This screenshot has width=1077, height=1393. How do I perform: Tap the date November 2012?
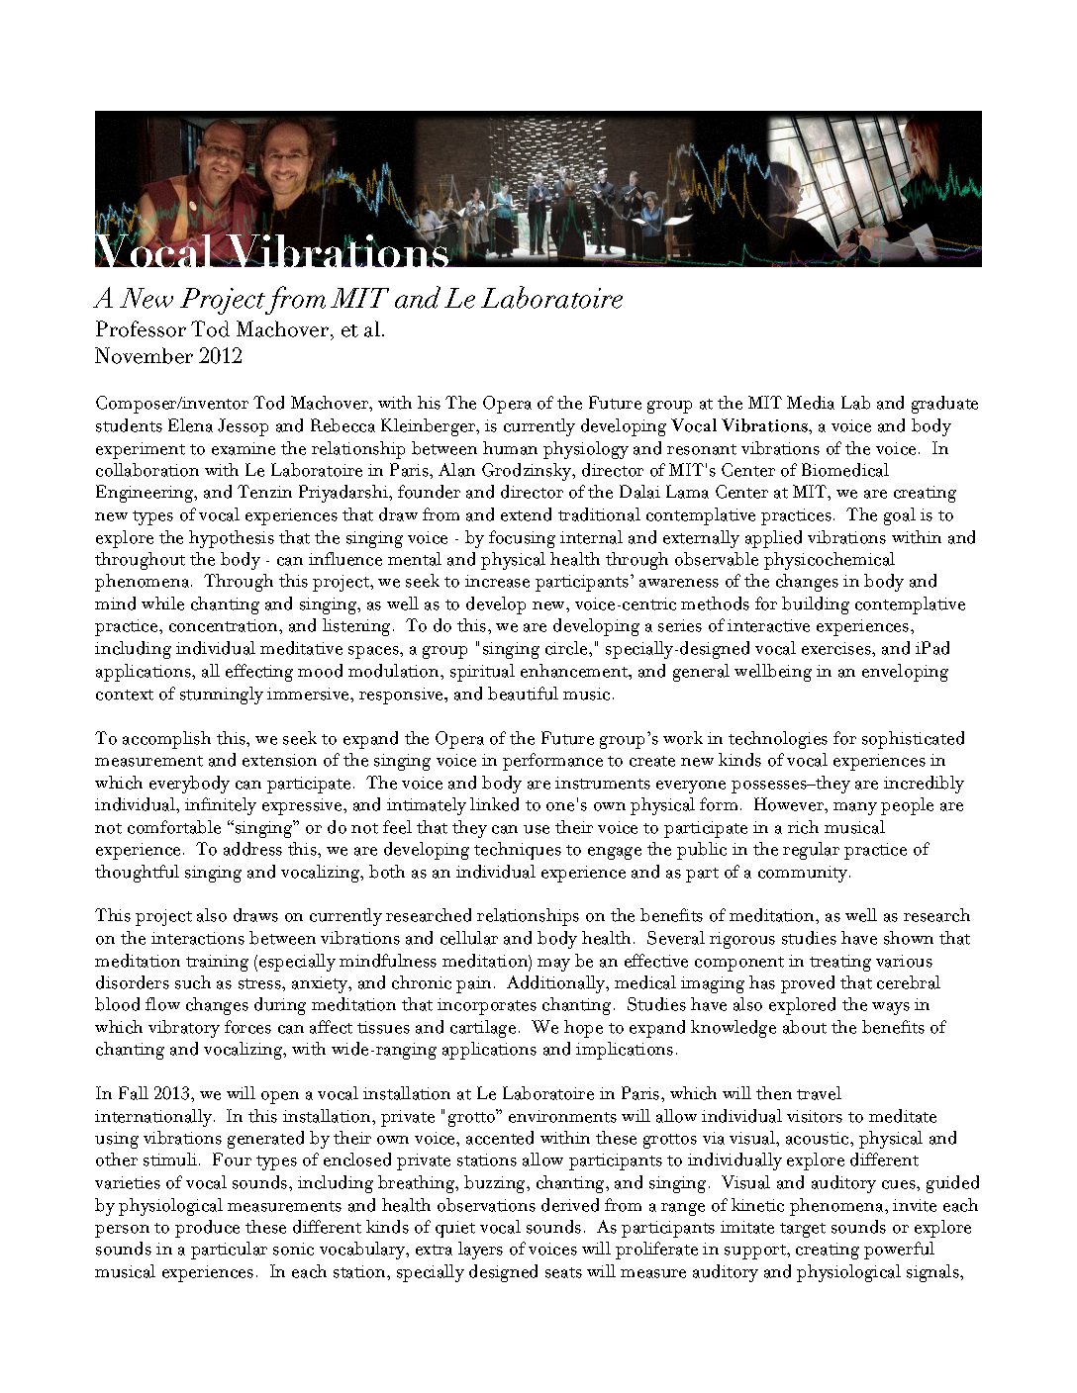[x=168, y=356]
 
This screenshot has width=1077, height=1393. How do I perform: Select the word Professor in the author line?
[x=142, y=330]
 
